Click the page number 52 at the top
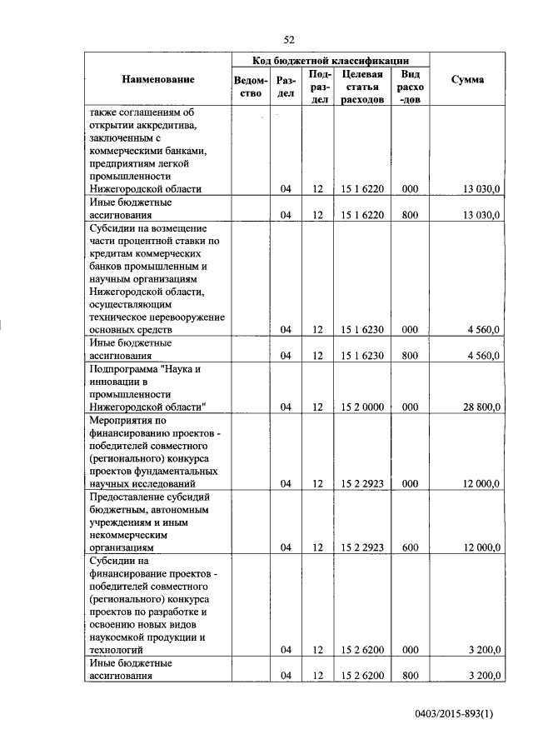coord(289,39)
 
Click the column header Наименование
coord(157,79)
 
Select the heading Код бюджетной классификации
coord(331,60)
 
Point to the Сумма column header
coord(467,79)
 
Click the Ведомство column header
coord(251,87)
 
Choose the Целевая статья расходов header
coord(361,87)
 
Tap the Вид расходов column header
coord(410,87)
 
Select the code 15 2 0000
coord(361,407)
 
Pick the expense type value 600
coord(409,547)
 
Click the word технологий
coord(116,649)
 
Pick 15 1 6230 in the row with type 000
coord(361,330)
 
